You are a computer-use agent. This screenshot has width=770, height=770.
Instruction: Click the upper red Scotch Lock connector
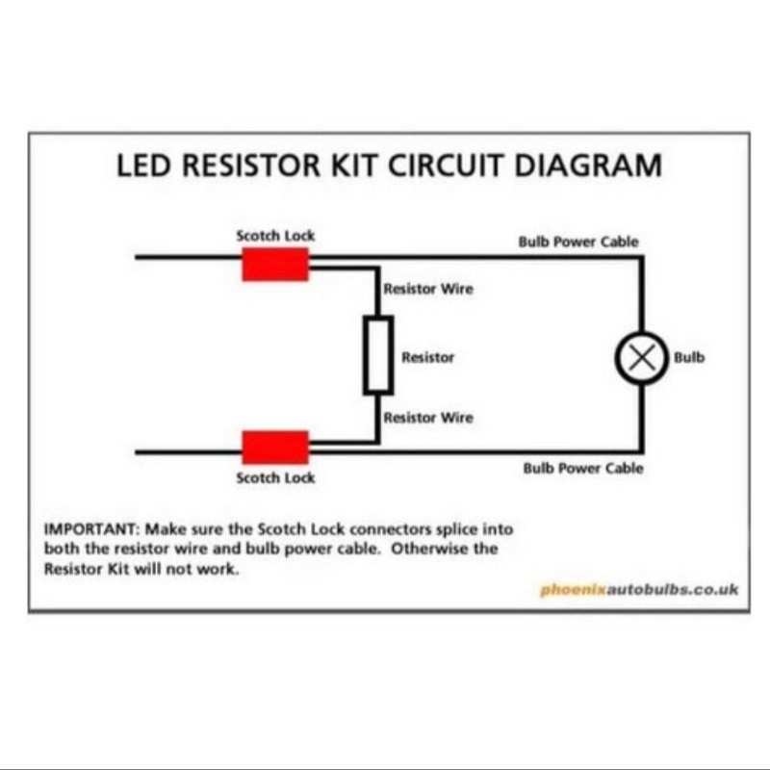[x=275, y=264]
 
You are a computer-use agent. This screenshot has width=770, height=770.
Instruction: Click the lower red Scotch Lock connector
[x=275, y=447]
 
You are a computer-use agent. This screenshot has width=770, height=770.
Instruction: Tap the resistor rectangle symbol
[x=378, y=356]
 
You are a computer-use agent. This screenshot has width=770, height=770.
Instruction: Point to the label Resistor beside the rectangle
[x=427, y=357]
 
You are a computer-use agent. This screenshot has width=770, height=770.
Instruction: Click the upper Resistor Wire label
[x=428, y=289]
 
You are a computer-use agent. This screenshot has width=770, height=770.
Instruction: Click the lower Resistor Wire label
[x=428, y=418]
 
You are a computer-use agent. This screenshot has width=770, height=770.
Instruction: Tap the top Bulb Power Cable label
[x=577, y=241]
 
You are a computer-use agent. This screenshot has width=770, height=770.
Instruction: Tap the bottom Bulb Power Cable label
[x=583, y=469]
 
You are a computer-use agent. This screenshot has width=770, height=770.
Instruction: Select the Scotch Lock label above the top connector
[x=275, y=235]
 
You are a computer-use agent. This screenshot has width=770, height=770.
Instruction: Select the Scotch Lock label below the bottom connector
[x=275, y=477]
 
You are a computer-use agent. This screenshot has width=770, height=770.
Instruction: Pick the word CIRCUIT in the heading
[x=447, y=165]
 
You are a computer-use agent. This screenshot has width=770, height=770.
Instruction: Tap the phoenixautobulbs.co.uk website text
[x=639, y=589]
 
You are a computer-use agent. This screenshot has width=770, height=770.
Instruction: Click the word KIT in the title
[x=351, y=165]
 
